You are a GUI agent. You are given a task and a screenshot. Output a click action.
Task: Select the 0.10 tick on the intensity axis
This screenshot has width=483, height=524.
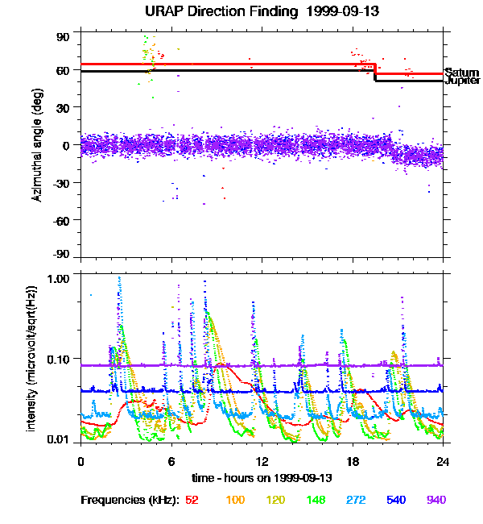tap(60, 358)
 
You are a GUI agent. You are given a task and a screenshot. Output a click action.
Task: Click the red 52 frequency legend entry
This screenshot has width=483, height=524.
tap(192, 500)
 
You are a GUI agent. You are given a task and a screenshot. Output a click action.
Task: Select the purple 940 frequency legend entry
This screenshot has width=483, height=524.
tap(436, 500)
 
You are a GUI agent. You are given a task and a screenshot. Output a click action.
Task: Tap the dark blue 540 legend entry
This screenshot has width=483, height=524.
tap(396, 500)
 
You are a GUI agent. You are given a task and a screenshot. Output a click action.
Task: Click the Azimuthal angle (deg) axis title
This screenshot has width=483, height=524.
tap(38, 146)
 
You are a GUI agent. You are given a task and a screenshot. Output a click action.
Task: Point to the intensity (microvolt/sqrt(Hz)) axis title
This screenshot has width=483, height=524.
tap(32, 358)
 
